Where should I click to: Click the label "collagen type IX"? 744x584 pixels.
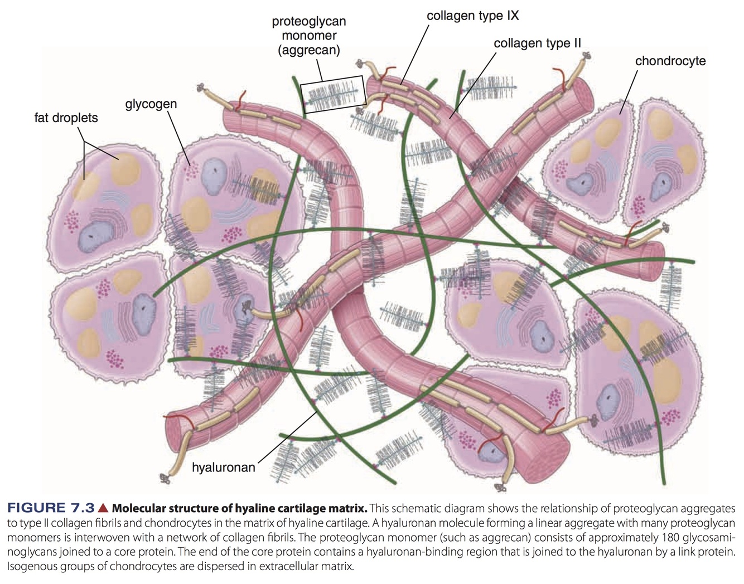click(472, 16)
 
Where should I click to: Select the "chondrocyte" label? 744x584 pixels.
click(670, 61)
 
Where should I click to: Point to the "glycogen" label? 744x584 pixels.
click(151, 104)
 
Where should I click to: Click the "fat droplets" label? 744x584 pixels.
click(66, 118)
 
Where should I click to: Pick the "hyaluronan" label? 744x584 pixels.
click(223, 467)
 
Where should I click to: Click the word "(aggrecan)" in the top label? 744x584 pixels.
click(308, 50)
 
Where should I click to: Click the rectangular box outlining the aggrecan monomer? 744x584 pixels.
click(333, 95)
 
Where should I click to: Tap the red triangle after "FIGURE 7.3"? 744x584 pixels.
click(103, 508)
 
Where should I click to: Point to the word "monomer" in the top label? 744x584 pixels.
click(308, 35)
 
